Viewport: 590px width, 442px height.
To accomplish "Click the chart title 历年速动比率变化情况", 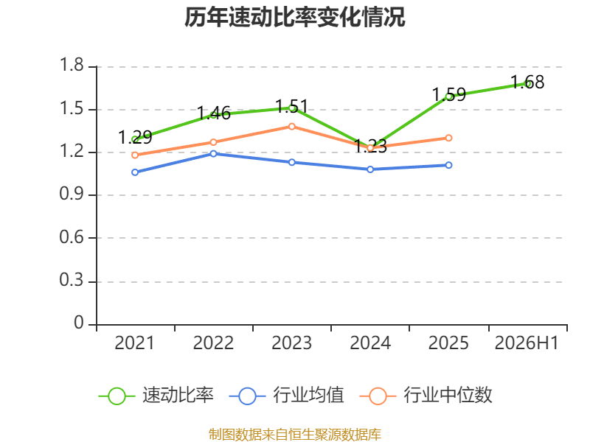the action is pos(294,17).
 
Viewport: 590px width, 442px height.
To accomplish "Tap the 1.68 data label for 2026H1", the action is pos(527,82).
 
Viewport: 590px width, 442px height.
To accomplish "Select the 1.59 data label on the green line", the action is pos(448,94).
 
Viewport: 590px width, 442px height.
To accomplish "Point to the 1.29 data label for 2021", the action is pos(135,137).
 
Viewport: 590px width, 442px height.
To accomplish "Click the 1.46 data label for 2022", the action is pos(213,113).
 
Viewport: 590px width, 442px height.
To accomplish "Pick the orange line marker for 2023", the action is pos(292,127).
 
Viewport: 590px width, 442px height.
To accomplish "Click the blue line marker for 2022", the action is pos(213,154).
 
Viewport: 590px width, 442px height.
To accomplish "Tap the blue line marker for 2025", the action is pos(448,165).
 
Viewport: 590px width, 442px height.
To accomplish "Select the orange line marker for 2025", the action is pos(448,138).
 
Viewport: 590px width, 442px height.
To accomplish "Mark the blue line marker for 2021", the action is pos(135,172).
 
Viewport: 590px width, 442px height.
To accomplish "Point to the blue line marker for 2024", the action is pos(370,169).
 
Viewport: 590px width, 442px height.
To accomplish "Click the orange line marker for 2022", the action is pos(213,142).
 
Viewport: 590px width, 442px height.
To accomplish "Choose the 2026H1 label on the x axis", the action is pos(527,343).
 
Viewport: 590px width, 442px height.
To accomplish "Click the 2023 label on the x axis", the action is pos(291,343).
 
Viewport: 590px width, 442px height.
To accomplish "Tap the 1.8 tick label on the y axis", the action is pos(72,65).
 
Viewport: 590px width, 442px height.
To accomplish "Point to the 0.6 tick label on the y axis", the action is pos(72,237).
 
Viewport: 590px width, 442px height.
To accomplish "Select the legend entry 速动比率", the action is pos(156,396).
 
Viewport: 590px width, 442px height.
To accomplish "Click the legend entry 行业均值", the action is pos(286,396).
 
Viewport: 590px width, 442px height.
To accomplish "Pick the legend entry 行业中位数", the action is pos(426,396).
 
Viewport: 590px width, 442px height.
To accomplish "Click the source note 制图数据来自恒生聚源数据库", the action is pos(294,435).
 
